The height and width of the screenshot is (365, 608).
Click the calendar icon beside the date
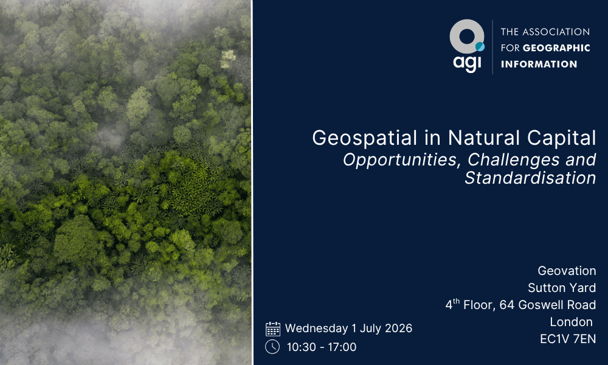pos(273,329)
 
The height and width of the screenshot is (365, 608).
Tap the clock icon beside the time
pos(273,347)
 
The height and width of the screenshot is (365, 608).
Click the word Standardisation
pos(530,178)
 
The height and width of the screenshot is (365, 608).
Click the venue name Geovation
pos(567,271)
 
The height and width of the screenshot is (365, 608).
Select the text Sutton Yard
pos(562,288)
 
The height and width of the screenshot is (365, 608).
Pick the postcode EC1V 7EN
pos(568,339)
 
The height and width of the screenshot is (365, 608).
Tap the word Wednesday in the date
pos(316,328)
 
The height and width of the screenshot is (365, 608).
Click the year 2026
pos(398,328)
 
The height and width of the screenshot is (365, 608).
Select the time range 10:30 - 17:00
pos(320,347)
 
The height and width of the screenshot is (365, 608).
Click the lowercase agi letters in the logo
pos(467,63)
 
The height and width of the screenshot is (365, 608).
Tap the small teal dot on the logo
pos(480,46)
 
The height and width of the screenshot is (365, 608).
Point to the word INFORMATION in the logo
pos(539,64)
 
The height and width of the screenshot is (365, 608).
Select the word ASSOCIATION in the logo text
pos(556,32)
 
